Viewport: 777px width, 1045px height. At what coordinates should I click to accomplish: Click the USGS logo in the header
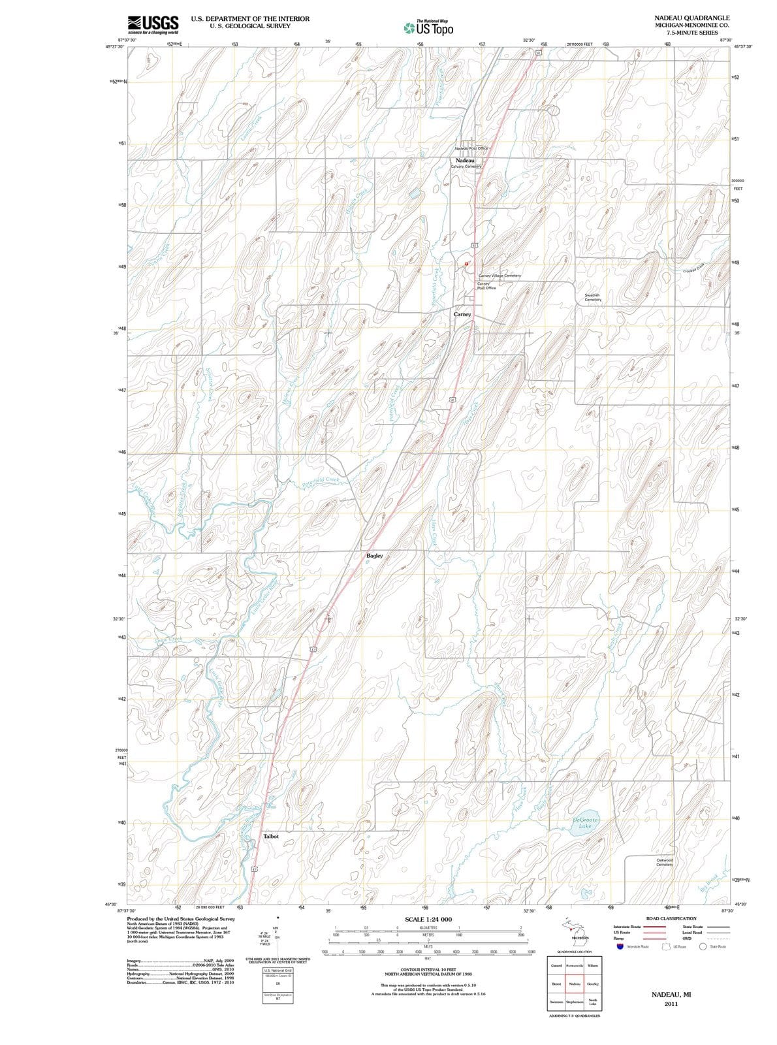point(153,24)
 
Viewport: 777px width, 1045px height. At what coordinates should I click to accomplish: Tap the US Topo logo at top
point(428,28)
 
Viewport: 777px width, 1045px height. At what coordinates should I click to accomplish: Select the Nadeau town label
point(465,160)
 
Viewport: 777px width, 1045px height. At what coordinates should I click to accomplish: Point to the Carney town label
point(462,314)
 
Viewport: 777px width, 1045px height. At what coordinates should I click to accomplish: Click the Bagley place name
point(374,556)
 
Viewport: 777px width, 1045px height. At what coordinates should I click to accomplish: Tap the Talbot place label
point(271,836)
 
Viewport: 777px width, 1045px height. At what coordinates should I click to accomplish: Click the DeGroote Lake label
point(584,823)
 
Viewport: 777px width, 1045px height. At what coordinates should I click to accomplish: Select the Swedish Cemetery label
point(592,297)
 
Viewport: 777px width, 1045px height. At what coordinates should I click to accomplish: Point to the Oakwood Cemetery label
point(665,862)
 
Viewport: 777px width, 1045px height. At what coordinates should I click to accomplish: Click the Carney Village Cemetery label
point(499,276)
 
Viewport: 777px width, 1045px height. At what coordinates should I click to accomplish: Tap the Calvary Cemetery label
point(466,167)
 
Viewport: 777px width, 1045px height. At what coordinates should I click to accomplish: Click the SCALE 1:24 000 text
point(428,920)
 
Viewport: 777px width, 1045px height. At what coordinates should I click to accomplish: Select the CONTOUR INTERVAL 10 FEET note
point(428,971)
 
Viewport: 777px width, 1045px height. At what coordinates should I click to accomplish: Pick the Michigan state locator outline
point(575,929)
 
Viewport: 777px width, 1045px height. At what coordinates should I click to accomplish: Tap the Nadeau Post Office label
point(471,149)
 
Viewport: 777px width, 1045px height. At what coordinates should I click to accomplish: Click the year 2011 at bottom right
point(671,1004)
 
